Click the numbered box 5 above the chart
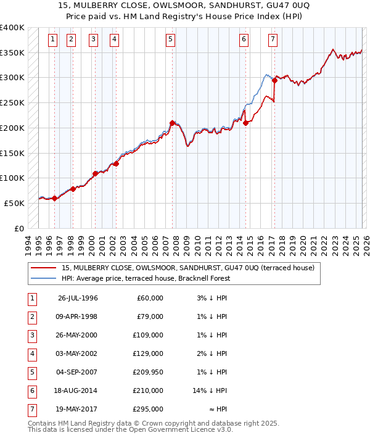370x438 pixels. pyautogui.click(x=170, y=40)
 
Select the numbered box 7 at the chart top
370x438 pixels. pyautogui.click(x=273, y=40)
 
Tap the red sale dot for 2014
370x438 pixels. pyautogui.click(x=245, y=123)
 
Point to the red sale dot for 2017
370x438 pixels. pyautogui.click(x=274, y=80)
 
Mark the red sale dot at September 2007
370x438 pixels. pyautogui.click(x=172, y=123)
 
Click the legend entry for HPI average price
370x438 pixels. pyautogui.click(x=145, y=278)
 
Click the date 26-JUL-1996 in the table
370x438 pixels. pyautogui.click(x=78, y=298)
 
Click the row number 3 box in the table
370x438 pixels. pyautogui.click(x=31, y=335)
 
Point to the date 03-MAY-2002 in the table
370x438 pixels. pyautogui.click(x=78, y=353)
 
